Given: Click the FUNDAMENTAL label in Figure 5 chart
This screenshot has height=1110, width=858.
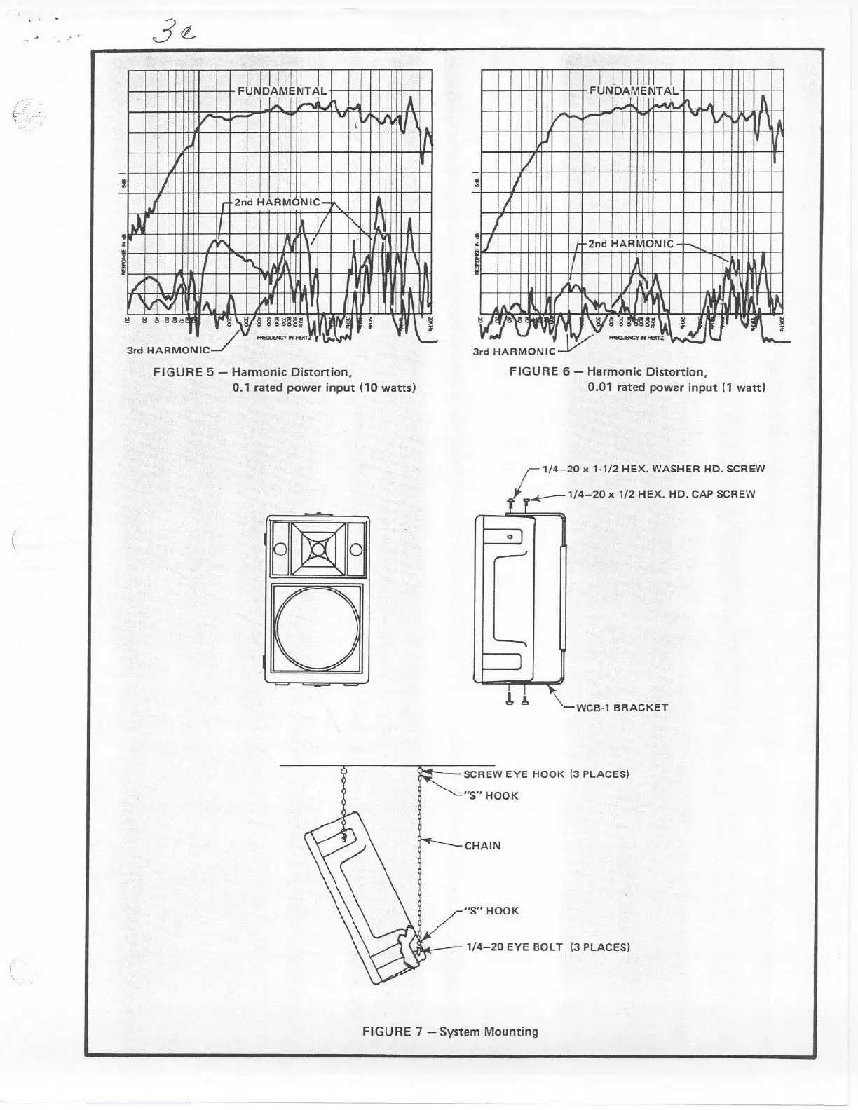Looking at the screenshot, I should (282, 91).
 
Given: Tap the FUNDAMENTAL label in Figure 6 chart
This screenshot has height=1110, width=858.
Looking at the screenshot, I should (634, 90).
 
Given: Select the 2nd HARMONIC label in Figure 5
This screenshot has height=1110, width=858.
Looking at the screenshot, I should (276, 203).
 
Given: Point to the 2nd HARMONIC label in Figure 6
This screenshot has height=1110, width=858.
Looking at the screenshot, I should (630, 244).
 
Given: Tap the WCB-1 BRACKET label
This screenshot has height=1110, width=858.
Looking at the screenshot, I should (622, 707).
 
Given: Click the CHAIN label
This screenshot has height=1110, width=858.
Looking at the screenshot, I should (483, 845).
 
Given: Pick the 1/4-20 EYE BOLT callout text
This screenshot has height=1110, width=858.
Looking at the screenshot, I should (548, 947).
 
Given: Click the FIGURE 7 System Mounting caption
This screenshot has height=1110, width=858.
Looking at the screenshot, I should (449, 1032).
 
